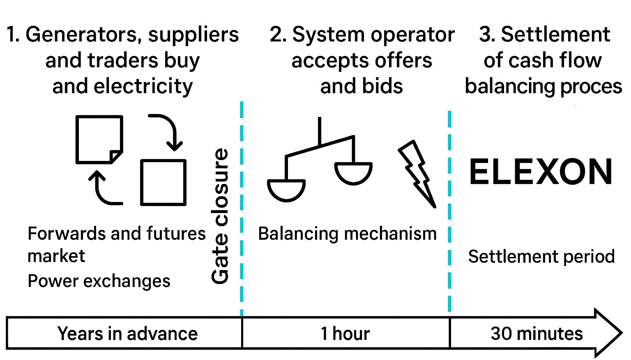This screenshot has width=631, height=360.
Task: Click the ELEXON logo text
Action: pyautogui.click(x=541, y=172)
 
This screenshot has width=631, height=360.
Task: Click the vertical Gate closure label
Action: pyautogui.click(x=221, y=216)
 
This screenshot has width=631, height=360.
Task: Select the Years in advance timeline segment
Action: pyautogui.click(x=127, y=333)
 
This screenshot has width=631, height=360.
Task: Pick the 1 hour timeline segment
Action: pyautogui.click(x=345, y=333)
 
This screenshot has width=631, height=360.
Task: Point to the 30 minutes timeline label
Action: pyautogui.click(x=537, y=333)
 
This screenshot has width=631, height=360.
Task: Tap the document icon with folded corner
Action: pyautogui.click(x=99, y=139)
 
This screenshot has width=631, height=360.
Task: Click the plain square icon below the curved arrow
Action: pyautogui.click(x=163, y=182)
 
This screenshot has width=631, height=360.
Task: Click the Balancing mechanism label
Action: pyautogui.click(x=347, y=234)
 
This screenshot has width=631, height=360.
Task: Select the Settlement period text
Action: pyautogui.click(x=541, y=257)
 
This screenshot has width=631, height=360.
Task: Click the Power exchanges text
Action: pyautogui.click(x=99, y=281)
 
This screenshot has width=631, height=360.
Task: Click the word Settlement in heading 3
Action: pyautogui.click(x=555, y=34)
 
